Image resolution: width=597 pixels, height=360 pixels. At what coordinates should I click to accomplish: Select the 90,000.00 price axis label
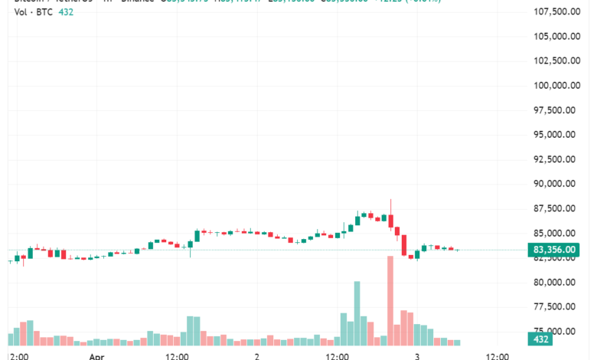pos(556,184)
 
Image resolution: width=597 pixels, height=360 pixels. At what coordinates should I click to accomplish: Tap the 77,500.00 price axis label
pos(556,307)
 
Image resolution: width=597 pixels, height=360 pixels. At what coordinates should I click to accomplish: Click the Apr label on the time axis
pos(96,356)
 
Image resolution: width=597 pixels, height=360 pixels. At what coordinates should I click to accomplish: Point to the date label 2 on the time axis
pos(257,356)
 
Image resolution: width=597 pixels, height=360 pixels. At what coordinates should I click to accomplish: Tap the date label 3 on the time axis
pos(416,356)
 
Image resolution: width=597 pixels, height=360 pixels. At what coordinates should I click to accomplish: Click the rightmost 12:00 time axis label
pos(497,356)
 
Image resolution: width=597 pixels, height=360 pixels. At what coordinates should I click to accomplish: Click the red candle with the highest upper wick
pos(390,221)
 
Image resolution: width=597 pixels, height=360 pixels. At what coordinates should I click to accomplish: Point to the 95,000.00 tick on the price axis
pos(556,135)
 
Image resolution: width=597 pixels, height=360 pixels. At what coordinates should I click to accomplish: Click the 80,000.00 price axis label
pos(556,283)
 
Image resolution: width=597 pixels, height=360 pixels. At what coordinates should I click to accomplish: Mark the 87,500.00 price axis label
pos(556,209)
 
